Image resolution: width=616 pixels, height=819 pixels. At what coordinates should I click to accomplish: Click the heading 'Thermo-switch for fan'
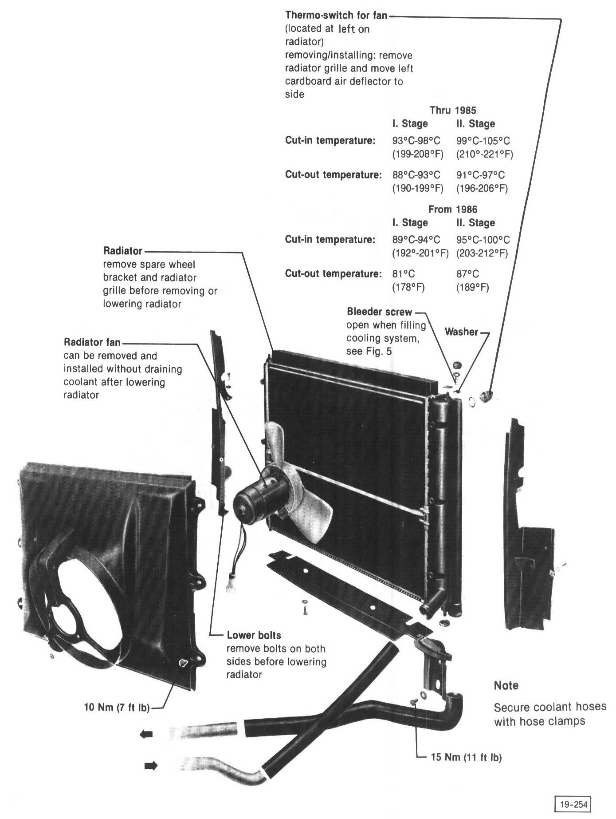tap(336, 16)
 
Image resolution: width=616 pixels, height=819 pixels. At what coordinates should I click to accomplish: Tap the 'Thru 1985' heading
tap(452, 111)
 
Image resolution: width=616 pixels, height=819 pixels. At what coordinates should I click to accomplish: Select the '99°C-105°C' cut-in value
tap(483, 141)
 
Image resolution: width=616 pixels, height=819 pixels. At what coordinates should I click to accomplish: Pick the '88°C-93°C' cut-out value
tap(416, 175)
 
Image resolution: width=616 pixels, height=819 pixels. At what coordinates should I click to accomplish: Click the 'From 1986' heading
tap(452, 210)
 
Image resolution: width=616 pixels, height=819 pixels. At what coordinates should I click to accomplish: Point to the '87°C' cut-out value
tap(467, 274)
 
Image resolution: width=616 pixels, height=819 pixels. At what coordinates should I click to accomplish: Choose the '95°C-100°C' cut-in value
tap(483, 240)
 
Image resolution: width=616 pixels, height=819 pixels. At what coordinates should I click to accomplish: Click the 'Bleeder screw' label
tap(379, 312)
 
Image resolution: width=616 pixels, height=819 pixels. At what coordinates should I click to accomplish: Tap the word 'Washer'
tap(461, 332)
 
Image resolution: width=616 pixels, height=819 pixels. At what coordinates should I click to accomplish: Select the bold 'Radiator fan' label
tap(92, 342)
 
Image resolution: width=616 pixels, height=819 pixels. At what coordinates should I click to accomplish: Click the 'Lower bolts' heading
tap(254, 635)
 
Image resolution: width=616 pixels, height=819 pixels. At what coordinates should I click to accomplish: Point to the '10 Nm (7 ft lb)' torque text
tap(117, 707)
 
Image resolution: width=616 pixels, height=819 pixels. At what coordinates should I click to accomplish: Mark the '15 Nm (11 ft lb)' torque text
tap(466, 757)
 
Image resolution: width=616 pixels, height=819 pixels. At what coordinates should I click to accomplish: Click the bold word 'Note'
tap(506, 685)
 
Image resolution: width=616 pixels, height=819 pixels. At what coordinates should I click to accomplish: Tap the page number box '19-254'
tap(573, 804)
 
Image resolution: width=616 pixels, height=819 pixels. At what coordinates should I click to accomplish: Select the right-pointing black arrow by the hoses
tap(151, 766)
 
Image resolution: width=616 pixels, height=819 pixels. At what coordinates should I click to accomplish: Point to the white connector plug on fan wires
tap(230, 584)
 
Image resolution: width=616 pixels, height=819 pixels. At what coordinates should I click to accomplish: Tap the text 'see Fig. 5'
tap(369, 352)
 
